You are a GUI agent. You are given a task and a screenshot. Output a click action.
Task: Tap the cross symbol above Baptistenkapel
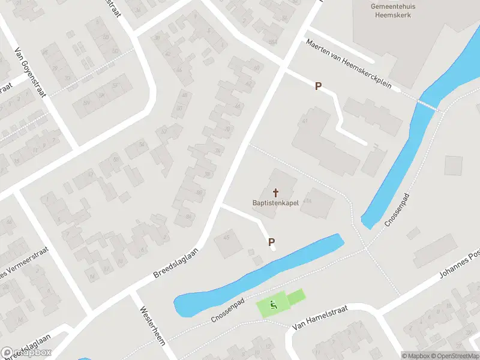point(276,193)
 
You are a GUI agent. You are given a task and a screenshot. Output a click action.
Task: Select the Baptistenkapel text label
point(276,203)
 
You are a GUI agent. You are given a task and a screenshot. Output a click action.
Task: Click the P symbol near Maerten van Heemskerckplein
point(318,86)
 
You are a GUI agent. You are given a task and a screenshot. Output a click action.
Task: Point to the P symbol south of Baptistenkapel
point(271,242)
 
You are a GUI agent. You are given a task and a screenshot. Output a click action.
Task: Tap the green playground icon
point(274,305)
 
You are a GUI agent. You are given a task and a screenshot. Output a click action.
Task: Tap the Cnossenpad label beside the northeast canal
point(397,210)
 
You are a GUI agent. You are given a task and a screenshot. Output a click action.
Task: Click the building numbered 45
point(227,238)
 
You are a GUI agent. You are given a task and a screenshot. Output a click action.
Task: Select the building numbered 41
point(305,122)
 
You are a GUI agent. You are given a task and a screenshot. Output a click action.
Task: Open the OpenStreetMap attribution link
point(451,356)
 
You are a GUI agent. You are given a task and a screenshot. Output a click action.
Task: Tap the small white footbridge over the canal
point(427,104)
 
